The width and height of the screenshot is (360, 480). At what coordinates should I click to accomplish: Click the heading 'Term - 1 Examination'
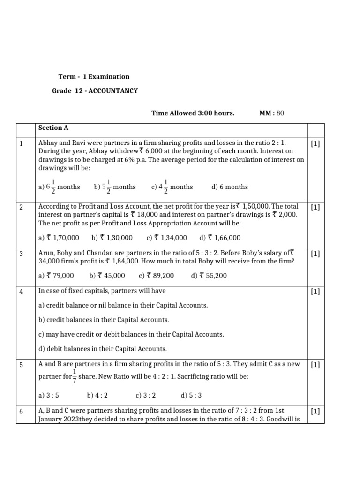pos(94,76)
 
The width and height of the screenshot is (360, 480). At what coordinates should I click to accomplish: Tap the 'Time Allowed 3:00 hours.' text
pos(193,113)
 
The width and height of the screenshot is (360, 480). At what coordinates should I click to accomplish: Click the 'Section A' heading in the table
pos(50,127)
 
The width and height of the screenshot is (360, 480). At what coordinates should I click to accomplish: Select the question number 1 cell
pos(22,144)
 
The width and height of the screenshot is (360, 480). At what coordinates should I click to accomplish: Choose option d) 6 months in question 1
pos(230,187)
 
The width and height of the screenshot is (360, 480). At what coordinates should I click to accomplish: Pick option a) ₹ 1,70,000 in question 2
pos(59,238)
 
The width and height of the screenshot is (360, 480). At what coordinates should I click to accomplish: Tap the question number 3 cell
pos(22,254)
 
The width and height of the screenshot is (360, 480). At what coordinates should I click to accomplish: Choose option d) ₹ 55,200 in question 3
pos(209,276)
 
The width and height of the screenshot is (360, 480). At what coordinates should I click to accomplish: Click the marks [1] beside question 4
pos(315,292)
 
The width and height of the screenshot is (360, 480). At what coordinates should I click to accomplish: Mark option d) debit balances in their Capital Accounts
pos(102,349)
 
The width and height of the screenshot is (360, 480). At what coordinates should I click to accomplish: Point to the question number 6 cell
pos(22,412)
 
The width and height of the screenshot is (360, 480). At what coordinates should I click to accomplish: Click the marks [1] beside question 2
pos(315,207)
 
